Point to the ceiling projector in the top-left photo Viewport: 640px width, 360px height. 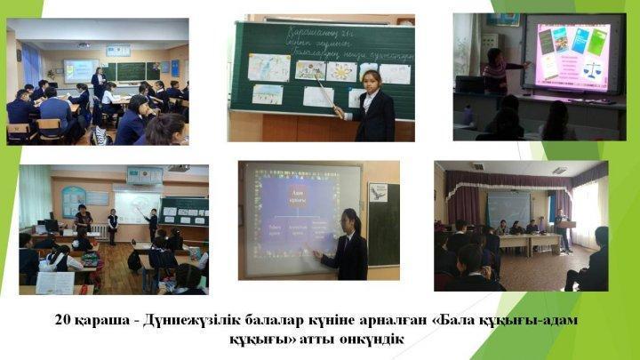[x=83, y=44]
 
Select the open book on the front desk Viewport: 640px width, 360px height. [x=55, y=283]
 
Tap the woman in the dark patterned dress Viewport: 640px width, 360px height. [x=84, y=223]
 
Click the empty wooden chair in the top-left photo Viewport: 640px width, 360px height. [x=20, y=132]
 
